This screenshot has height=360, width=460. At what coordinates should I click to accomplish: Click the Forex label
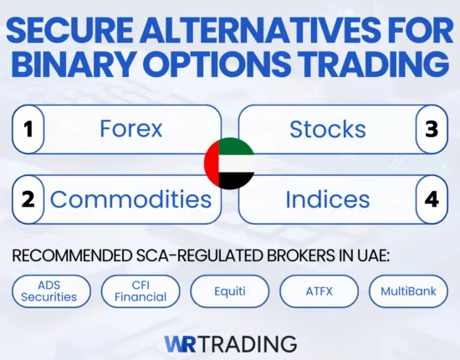(130, 129)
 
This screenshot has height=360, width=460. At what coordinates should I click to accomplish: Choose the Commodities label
(130, 199)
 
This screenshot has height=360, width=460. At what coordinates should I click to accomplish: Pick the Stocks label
(327, 129)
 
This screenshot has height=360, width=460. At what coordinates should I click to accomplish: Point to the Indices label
(327, 199)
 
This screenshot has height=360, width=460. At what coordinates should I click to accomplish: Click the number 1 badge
(28, 129)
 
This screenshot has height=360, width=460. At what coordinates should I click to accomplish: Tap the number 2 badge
(28, 199)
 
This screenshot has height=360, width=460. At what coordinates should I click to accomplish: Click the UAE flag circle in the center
(229, 163)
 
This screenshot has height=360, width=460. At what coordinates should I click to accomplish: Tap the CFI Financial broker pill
(140, 291)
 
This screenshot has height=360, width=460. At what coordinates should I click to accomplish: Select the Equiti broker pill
(230, 291)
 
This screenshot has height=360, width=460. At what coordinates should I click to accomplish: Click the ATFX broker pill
(319, 291)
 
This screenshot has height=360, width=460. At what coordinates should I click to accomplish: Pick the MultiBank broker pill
(408, 291)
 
